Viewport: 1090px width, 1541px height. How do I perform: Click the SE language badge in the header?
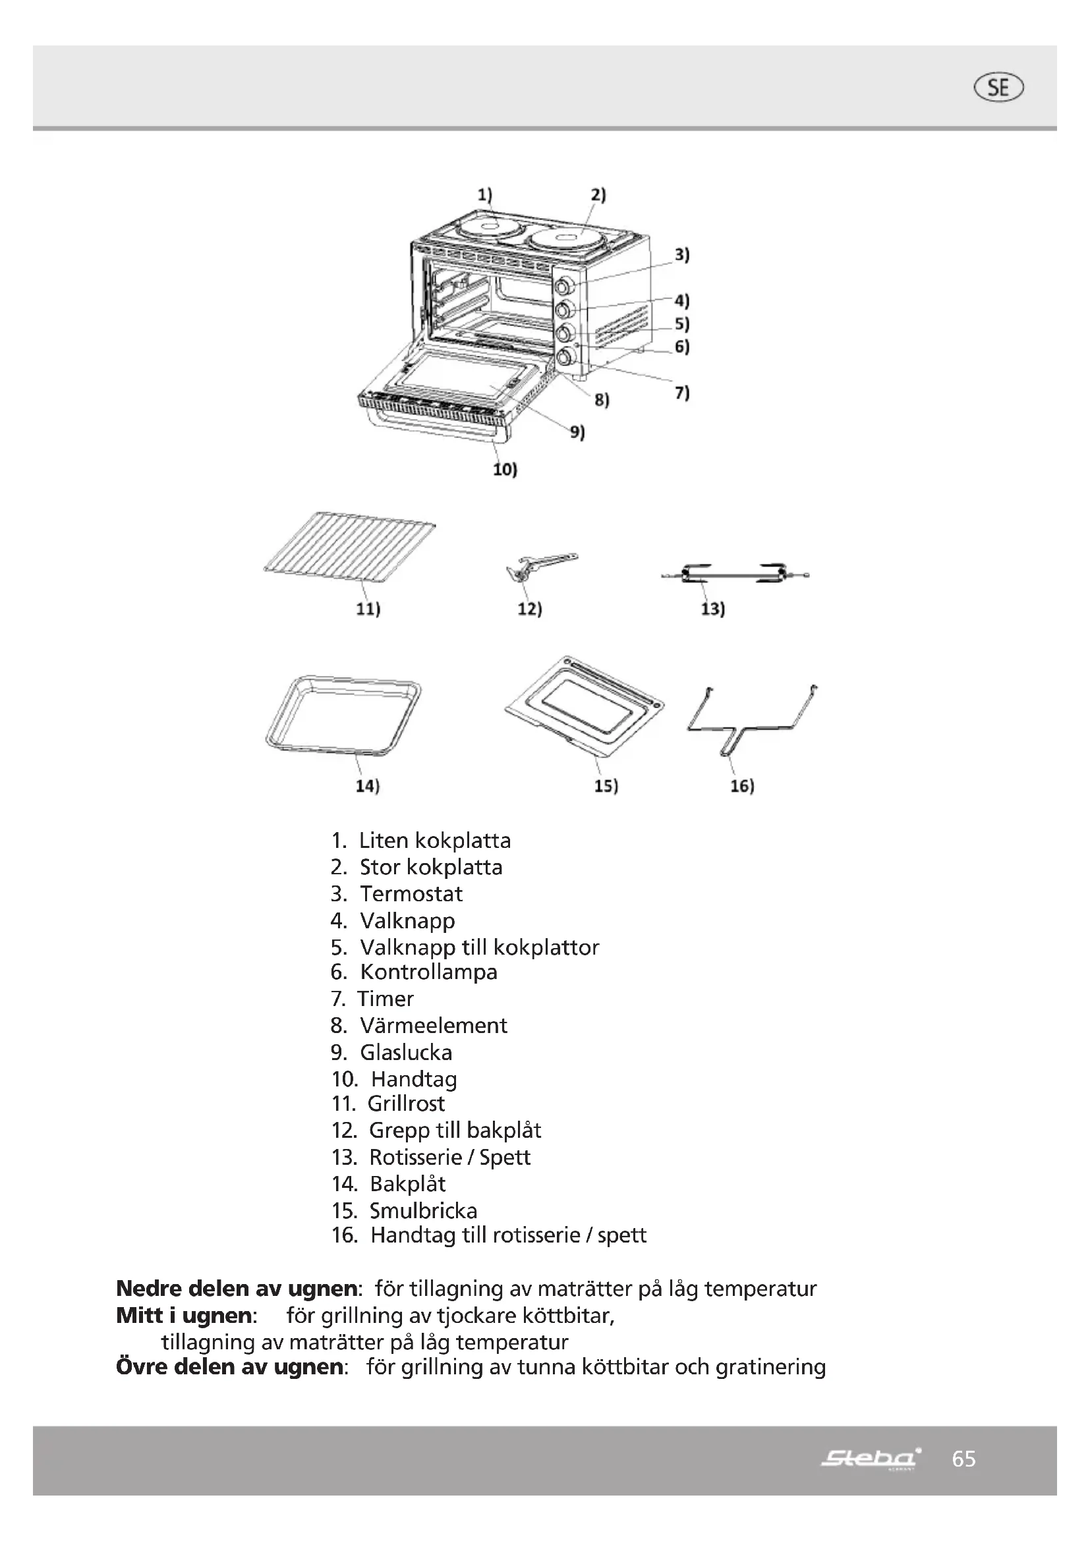pos(998,88)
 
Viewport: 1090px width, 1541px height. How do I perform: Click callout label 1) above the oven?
pos(484,194)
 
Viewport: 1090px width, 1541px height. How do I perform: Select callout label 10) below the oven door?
pos(505,469)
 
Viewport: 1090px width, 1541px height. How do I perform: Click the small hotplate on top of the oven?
pos(488,227)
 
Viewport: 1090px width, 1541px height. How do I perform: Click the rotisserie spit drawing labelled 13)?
pos(735,574)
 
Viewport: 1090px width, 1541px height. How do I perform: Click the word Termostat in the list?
pos(411,894)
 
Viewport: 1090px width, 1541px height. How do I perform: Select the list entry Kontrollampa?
pos(428,972)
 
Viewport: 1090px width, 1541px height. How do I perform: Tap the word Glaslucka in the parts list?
pos(405,1052)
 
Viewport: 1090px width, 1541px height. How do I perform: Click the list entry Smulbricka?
pos(423,1211)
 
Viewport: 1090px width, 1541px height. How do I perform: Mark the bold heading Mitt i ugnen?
pos(184,1316)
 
